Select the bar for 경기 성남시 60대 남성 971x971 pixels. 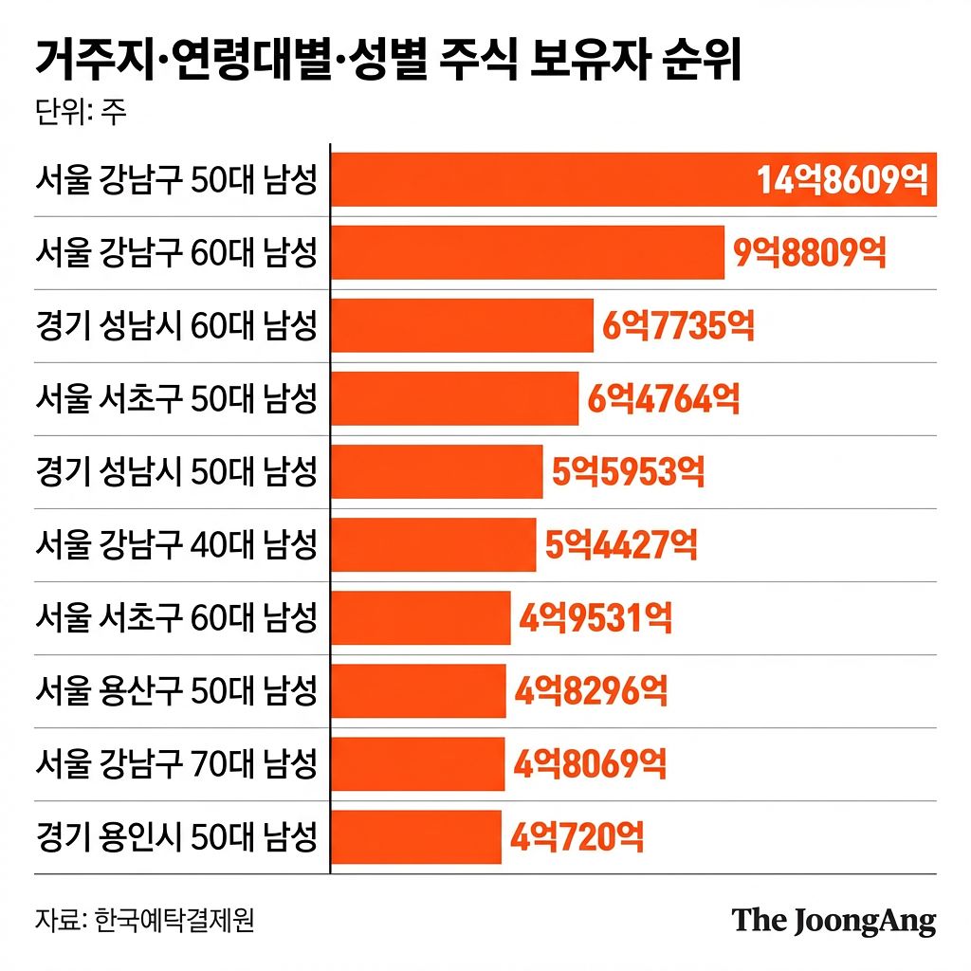pos(462,325)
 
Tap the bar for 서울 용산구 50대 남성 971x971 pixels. pos(418,690)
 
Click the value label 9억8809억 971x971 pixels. pos(810,252)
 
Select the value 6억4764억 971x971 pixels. pos(664,398)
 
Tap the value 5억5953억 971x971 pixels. pos(629,471)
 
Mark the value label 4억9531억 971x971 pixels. pos(595,618)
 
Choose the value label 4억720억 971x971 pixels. pos(577,837)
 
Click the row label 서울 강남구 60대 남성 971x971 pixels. pos(175,252)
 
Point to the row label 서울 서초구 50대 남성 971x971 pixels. pos(175,398)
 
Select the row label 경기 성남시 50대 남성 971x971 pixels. pos(175,471)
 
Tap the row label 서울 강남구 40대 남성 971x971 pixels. pos(175,544)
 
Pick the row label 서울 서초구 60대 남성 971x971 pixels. pos(175,618)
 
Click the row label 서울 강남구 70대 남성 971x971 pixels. pos(175,763)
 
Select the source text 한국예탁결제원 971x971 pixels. pos(175,922)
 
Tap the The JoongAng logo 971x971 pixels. pos(834,922)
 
